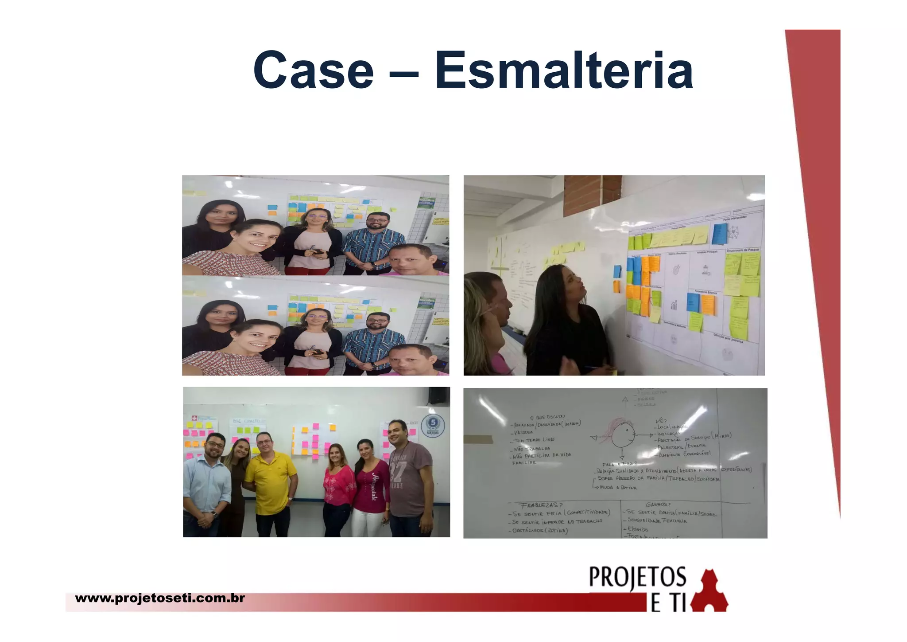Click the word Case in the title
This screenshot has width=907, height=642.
(314, 70)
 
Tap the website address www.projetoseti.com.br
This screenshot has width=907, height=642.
(160, 598)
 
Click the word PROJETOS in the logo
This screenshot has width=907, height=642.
(637, 578)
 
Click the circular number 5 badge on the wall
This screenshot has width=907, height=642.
(432, 425)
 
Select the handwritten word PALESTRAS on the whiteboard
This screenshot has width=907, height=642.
(670, 447)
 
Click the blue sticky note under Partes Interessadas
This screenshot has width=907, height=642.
(719, 234)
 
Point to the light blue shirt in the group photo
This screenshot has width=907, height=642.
(206, 484)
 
